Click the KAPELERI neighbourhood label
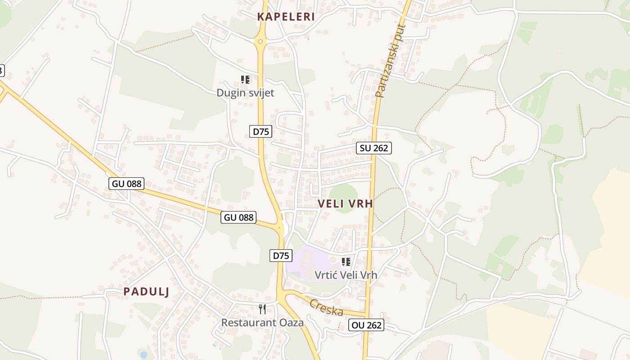[286, 17]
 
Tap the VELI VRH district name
[345, 203]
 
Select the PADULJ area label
[146, 292]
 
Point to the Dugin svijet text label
[245, 93]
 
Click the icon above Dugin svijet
[245, 80]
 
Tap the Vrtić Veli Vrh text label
[346, 274]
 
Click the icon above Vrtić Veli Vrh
[346, 261]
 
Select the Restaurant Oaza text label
[262, 322]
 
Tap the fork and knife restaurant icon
[262, 309]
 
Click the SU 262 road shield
[374, 148]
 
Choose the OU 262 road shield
[366, 325]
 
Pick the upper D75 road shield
[261, 131]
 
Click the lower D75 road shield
[280, 256]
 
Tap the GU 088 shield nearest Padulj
[126, 183]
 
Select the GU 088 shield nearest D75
[239, 217]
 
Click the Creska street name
[326, 307]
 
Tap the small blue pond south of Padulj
[143, 355]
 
